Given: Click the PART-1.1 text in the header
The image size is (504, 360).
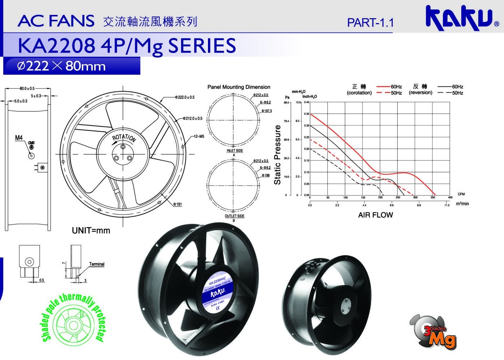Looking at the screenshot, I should [x=370, y=23].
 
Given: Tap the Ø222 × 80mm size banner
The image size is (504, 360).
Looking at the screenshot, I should [x=62, y=66].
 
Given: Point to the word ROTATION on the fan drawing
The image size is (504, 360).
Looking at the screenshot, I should [x=124, y=138].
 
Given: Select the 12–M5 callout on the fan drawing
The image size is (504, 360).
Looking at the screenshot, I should [x=199, y=137].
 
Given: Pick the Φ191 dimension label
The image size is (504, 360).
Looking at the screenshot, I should [x=177, y=204].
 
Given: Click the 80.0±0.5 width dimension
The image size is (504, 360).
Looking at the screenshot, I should [x=27, y=88].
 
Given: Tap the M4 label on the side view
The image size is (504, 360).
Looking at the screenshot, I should [x=19, y=138].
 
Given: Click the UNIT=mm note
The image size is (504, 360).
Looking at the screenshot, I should [x=91, y=231].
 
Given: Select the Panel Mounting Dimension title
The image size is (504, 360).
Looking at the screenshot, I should [x=239, y=87].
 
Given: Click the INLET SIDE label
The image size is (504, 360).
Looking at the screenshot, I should [x=234, y=151].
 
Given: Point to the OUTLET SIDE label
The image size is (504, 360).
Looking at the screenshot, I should [x=234, y=216].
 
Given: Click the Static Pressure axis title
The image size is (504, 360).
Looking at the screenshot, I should [x=278, y=155].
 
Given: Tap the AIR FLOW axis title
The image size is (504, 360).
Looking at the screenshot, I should [x=375, y=215].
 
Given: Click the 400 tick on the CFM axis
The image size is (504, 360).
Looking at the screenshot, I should [x=450, y=198].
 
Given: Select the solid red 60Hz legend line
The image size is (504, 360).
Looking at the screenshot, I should [x=383, y=87].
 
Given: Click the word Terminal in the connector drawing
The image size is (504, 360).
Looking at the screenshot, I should [x=97, y=264].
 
